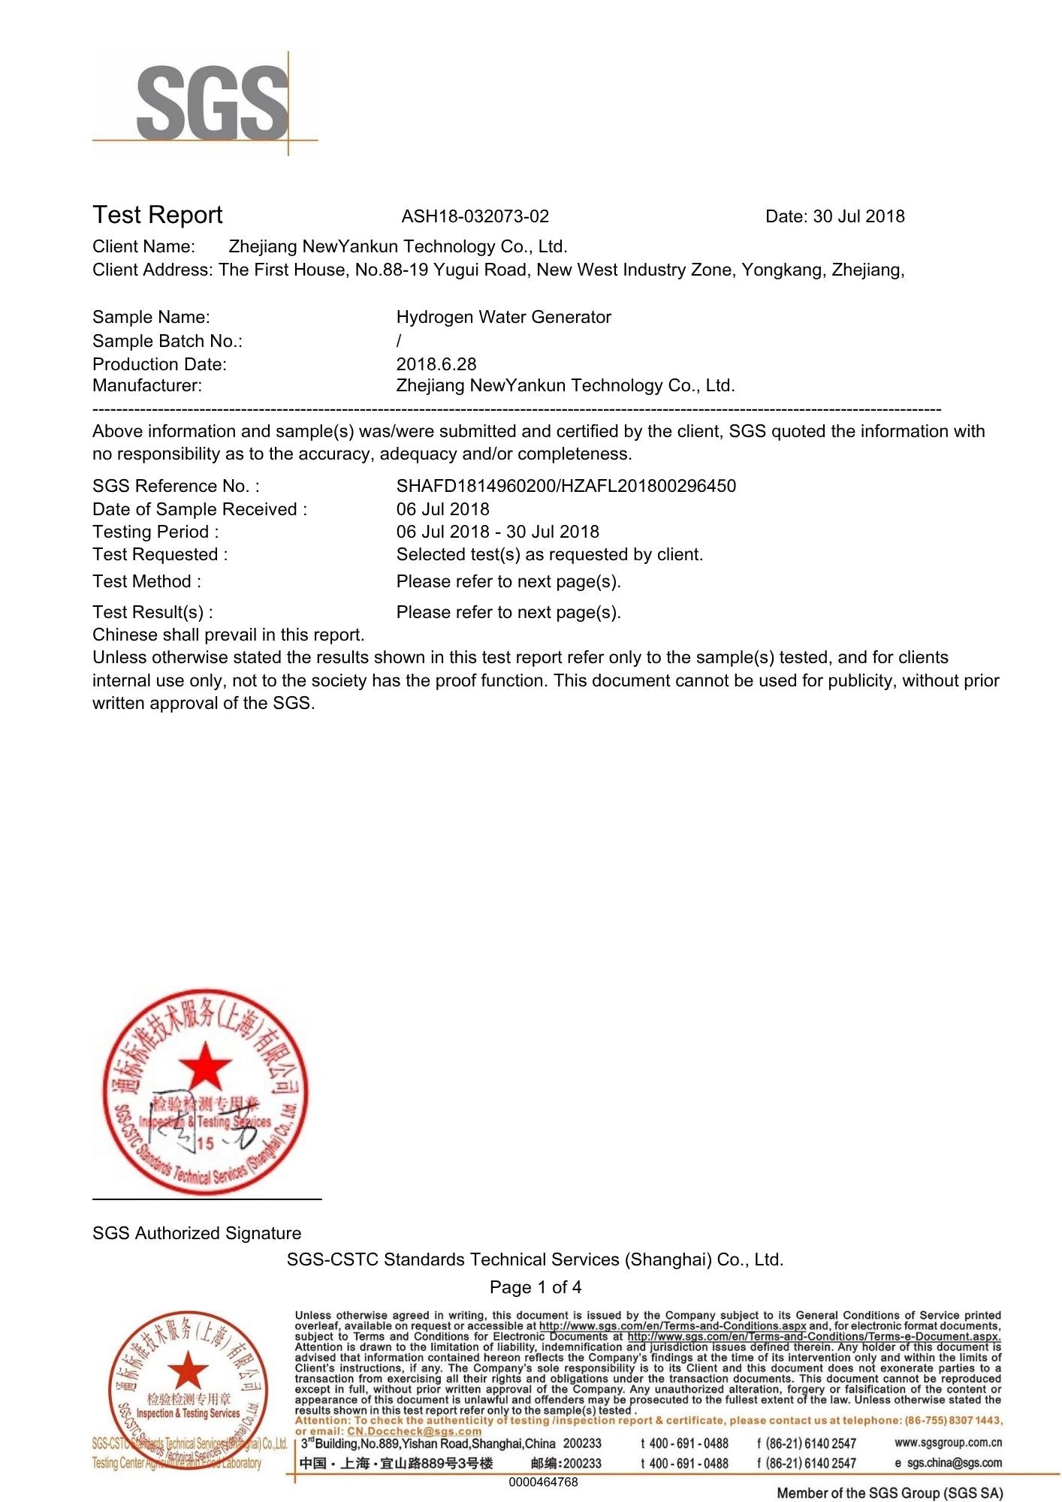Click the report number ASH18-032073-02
[x=475, y=217]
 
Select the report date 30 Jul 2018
[x=858, y=217]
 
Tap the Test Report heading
[x=158, y=216]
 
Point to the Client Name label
[x=143, y=247]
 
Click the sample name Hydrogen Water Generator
[x=503, y=318]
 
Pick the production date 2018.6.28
[x=436, y=364]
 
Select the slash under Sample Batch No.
[x=399, y=342]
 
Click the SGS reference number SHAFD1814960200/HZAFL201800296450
[x=566, y=486]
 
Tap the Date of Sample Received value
[x=442, y=509]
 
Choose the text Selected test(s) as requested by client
[x=549, y=555]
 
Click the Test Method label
[x=146, y=582]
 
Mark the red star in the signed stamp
[x=204, y=1066]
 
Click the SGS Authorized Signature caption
[x=197, y=1233]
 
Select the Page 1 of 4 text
[x=535, y=1287]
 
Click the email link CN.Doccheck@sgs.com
[x=414, y=1431]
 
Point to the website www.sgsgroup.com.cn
[x=948, y=1443]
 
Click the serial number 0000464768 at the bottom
[x=543, y=1482]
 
